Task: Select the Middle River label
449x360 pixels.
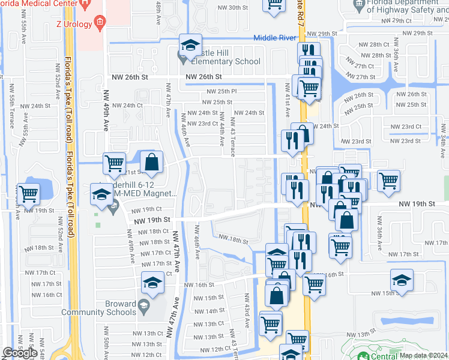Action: tap(274, 38)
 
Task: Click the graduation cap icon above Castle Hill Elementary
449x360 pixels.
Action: tap(190, 44)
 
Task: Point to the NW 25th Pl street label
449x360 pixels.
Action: tap(222, 91)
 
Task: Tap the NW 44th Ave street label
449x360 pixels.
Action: tap(221, 142)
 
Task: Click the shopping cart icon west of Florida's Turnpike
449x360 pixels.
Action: tap(29, 193)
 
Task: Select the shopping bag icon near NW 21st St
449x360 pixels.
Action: tap(152, 161)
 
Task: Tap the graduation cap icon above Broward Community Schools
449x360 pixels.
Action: tap(152, 281)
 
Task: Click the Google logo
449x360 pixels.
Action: tap(20, 353)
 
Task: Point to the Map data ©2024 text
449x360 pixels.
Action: tap(423, 355)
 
